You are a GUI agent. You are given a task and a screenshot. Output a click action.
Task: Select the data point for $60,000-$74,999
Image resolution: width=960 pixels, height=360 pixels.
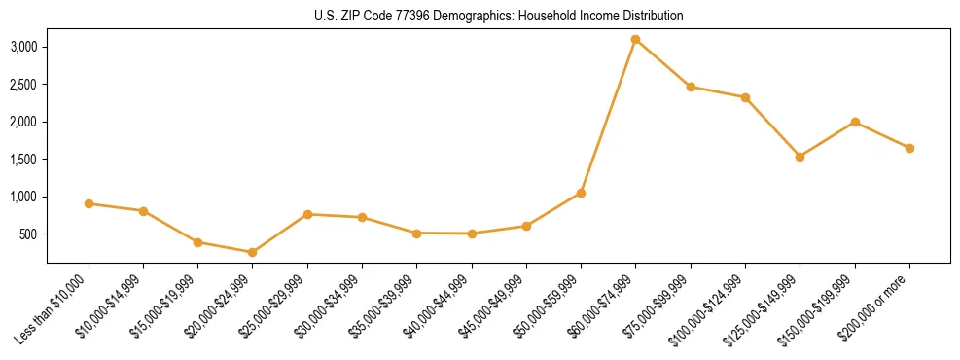(635, 40)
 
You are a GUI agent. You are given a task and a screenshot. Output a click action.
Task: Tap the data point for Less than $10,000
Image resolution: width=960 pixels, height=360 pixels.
(89, 203)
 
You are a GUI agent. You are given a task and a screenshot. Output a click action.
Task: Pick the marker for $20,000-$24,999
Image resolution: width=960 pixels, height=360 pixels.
(252, 252)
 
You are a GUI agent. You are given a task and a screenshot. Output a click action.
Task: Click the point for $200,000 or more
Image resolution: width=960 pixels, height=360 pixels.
(909, 148)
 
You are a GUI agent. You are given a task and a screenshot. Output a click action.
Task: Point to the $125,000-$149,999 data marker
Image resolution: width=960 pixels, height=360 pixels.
(800, 157)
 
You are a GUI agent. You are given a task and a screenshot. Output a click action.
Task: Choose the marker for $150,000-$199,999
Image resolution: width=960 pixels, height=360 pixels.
(855, 122)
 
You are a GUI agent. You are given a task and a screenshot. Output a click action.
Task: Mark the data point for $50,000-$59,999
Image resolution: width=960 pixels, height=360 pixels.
(581, 193)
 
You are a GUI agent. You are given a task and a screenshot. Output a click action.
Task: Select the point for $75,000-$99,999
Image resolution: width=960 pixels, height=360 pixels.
(691, 87)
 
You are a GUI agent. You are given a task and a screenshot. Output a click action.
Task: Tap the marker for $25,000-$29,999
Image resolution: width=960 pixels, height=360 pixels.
(307, 214)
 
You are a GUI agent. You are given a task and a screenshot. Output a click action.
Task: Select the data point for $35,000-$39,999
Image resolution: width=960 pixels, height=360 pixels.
(416, 234)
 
